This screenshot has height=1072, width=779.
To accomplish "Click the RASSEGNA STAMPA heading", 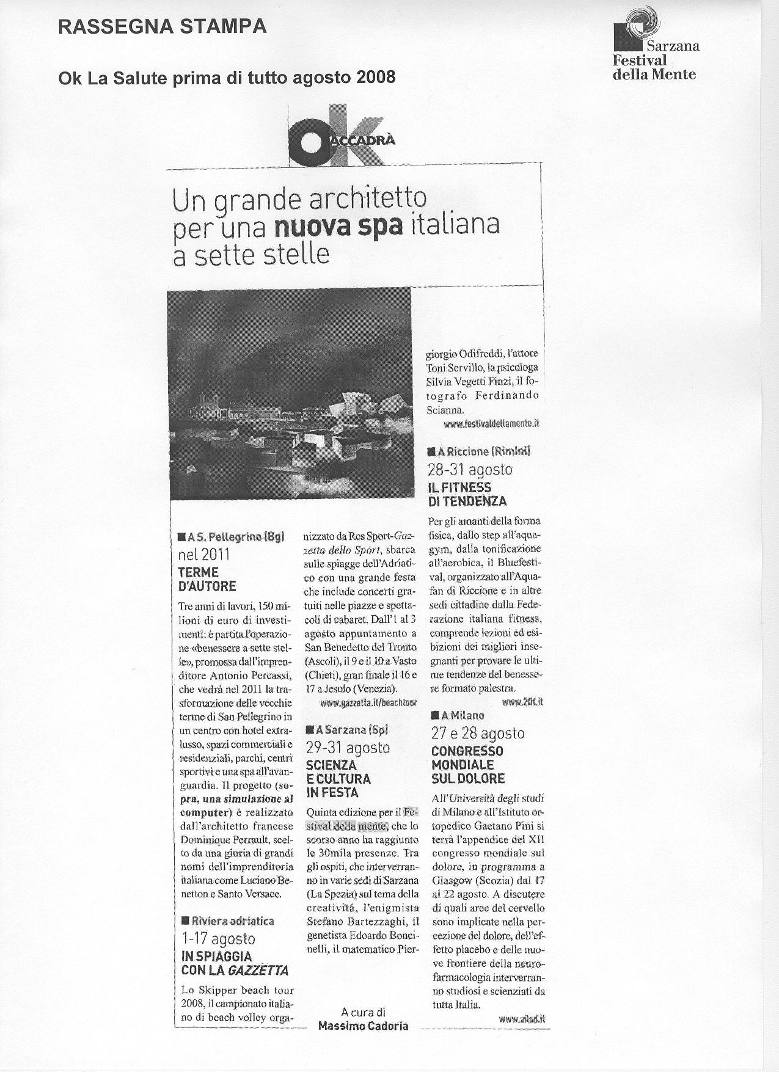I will click(162, 26).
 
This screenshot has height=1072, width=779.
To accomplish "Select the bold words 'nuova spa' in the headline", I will click(338, 226).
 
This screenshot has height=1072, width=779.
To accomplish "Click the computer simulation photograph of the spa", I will click(289, 393).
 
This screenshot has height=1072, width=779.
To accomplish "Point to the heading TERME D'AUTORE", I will click(207, 579).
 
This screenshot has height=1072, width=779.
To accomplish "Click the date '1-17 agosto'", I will click(218, 939).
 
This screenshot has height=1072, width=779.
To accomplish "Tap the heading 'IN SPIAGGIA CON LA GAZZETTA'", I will click(235, 963).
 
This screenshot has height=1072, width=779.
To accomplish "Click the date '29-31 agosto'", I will click(348, 748).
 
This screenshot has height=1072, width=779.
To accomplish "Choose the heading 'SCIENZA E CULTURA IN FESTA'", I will click(338, 779).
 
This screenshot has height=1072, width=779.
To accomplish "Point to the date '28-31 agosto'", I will click(470, 470).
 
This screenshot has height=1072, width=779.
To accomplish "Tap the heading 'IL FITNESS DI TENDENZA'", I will click(467, 494).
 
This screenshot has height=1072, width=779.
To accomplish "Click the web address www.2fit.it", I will click(522, 702).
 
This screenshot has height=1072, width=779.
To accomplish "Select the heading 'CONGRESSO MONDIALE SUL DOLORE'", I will click(468, 765).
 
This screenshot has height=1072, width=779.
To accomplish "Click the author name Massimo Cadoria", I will click(363, 1026).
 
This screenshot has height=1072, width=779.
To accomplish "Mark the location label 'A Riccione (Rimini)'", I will click(480, 451).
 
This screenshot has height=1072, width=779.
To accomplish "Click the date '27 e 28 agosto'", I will click(478, 733).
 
